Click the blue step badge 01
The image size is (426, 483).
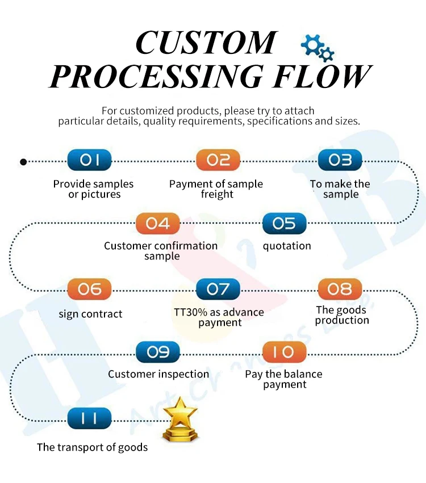[x=89, y=161]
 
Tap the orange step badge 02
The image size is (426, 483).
[x=218, y=161]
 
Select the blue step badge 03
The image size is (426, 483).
[x=340, y=161]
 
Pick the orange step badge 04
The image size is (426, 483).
[x=158, y=224]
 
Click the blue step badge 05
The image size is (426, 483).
[x=284, y=224]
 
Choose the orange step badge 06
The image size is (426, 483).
[x=89, y=289]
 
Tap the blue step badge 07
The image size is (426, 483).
[x=218, y=289]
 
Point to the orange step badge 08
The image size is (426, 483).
[x=340, y=289]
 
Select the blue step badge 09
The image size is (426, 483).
[x=158, y=352]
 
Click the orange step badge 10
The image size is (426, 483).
[x=284, y=352]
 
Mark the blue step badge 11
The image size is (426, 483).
[x=89, y=419]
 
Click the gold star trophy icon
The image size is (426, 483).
[x=180, y=420]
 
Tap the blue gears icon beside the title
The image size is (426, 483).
[x=317, y=48]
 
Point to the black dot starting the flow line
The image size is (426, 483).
[x=23, y=162]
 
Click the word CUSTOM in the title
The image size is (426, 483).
[x=206, y=43]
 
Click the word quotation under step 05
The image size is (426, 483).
[x=287, y=246]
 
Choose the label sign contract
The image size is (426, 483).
[x=90, y=314]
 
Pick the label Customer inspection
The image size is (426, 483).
[x=158, y=375]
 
